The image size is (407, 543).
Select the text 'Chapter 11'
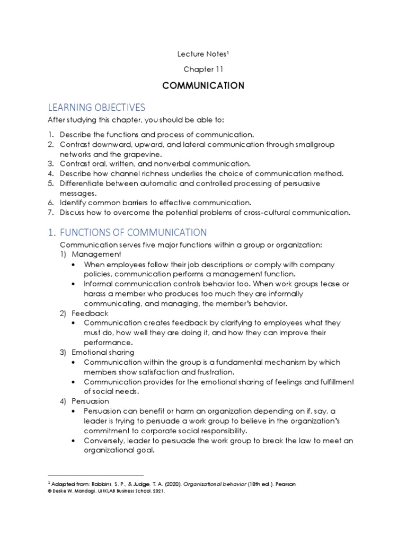(203, 69)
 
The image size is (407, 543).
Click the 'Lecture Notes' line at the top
(203, 53)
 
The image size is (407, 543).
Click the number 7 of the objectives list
(50, 213)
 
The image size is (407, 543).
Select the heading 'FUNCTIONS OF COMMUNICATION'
(133, 232)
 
